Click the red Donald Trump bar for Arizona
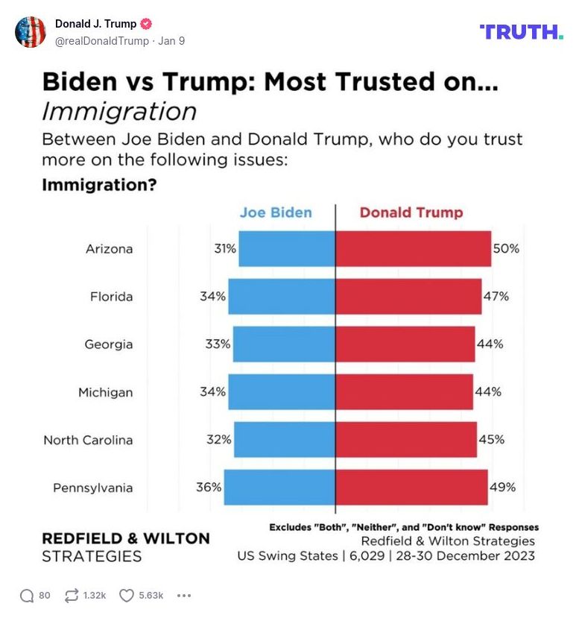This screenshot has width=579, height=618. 413,248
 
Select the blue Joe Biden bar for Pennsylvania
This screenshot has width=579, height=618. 279,488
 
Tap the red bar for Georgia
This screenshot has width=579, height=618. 405,344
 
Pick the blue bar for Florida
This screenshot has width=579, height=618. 282,296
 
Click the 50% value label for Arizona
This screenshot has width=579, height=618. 506,248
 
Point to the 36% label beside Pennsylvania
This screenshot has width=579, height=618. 209,488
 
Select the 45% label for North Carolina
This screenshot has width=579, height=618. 491,439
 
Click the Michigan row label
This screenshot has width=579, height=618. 105,391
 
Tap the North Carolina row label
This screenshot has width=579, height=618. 88,439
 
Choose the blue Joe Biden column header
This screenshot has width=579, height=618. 276,212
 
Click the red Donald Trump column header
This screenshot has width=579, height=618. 411,212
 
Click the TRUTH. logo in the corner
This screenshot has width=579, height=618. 521,31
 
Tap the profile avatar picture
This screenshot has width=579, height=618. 31,32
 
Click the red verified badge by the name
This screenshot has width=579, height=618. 148,24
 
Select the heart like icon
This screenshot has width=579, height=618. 127,595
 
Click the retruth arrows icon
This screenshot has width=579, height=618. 72,595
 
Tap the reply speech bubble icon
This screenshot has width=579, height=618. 27,595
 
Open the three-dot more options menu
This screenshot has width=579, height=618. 184,595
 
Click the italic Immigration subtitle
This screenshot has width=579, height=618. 119,111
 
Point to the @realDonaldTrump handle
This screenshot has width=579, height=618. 101,41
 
